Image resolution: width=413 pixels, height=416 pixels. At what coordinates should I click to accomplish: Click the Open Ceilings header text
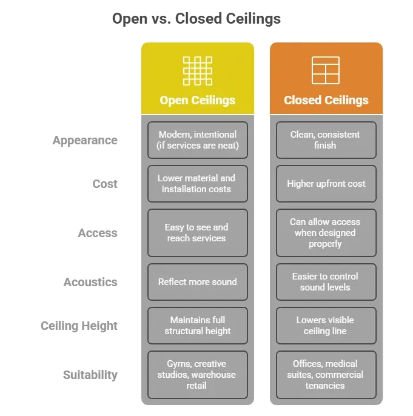tap(197, 100)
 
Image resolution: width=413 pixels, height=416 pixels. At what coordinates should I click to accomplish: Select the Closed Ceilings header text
tap(326, 100)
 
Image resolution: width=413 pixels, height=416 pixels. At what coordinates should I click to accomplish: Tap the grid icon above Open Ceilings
tap(197, 70)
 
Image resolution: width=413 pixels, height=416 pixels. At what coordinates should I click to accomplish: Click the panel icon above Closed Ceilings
tap(326, 70)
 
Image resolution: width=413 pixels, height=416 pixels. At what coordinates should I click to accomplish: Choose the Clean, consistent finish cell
tap(326, 140)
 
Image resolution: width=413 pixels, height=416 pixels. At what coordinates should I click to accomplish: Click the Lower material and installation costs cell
tap(197, 184)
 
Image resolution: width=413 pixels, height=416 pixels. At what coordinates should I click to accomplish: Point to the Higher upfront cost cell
tap(326, 184)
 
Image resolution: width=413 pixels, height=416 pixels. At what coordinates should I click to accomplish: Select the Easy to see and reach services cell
tap(197, 233)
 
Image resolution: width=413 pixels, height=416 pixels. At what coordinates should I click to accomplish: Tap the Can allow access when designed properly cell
tap(326, 233)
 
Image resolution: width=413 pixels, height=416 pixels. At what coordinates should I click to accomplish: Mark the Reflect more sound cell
tap(197, 282)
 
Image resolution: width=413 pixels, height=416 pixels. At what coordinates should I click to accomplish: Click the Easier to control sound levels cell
tap(326, 282)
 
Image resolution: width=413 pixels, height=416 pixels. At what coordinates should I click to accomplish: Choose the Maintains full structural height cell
tap(197, 326)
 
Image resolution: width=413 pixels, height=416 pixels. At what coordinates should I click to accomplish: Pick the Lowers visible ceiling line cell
tap(326, 326)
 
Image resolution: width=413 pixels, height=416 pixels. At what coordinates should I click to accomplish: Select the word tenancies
tap(326, 386)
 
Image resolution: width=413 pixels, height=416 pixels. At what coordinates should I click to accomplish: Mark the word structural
tap(187, 331)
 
